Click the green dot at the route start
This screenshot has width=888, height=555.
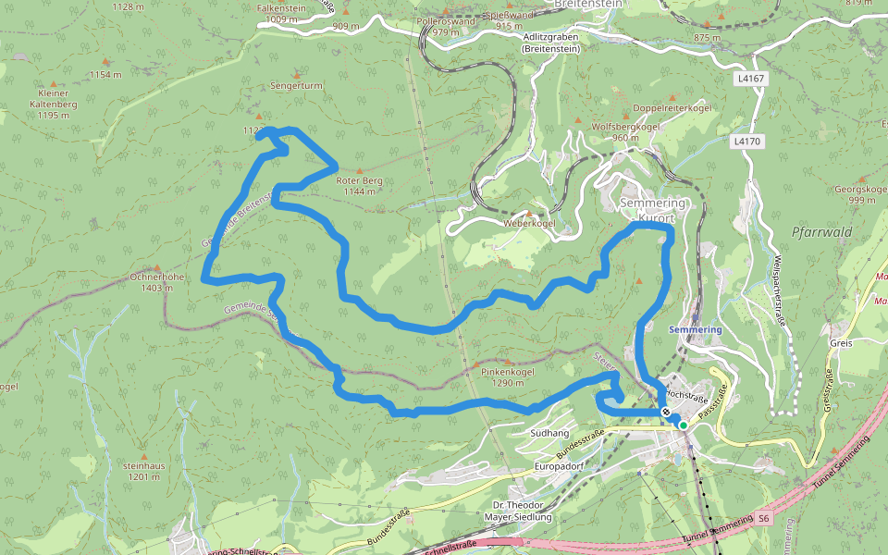click(x=684, y=425)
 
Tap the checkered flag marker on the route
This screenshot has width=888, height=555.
click(x=666, y=412)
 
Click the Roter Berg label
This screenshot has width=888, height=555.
click(x=360, y=181)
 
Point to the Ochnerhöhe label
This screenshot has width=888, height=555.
click(x=157, y=277)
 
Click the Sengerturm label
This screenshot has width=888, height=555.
click(x=296, y=85)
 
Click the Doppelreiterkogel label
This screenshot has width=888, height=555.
click(x=672, y=108)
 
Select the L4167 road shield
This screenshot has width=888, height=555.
click(x=751, y=80)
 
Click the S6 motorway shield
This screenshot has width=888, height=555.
click(x=763, y=519)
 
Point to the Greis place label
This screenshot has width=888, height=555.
click(x=841, y=342)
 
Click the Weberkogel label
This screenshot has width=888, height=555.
click(x=529, y=224)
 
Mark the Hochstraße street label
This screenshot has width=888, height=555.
click(x=686, y=395)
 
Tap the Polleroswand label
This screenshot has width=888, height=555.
click(x=446, y=19)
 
